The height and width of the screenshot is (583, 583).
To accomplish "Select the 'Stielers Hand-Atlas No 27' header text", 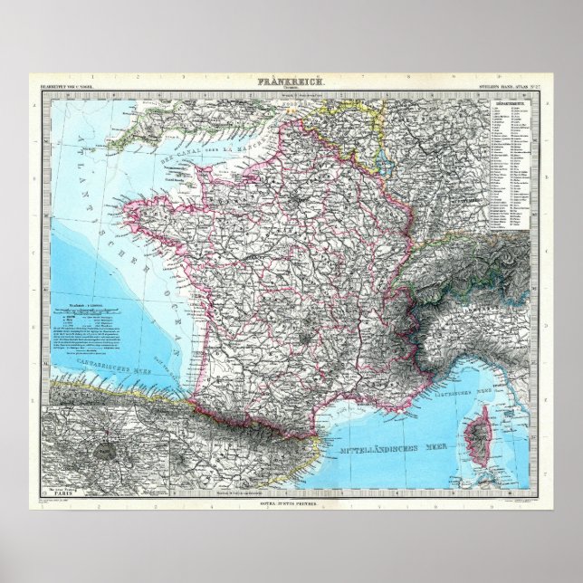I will click(x=502, y=86).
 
